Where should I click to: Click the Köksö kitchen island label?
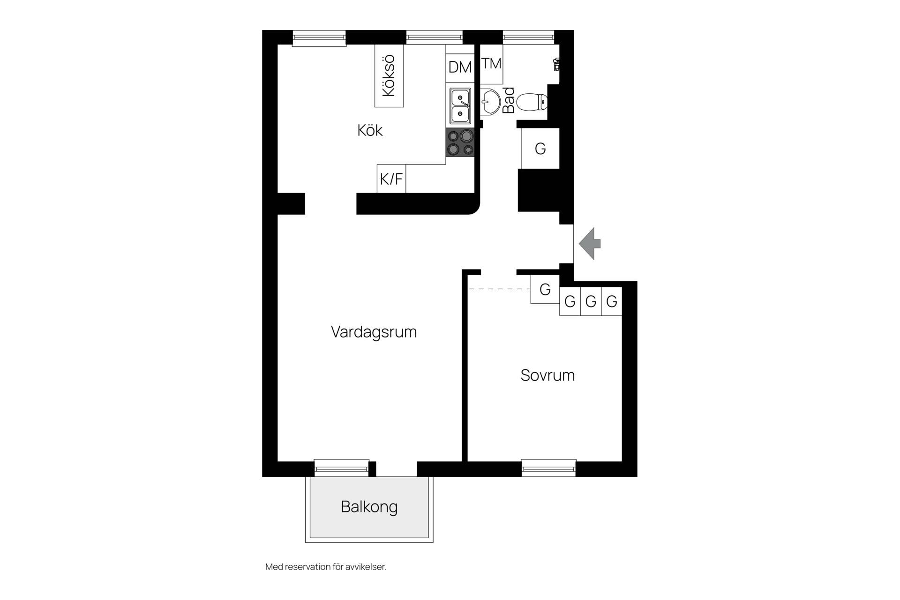pos(389,75)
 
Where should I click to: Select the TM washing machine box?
pos(491,64)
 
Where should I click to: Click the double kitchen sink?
pos(460,106)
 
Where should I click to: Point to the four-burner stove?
pos(460,142)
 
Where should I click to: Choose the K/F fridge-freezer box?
pos(391,179)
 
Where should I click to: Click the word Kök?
pos(370,130)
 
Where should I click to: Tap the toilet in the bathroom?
pos(532,102)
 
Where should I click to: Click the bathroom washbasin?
pos(490,101)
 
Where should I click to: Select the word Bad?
pos(509,100)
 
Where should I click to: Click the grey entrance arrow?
pos(590,244)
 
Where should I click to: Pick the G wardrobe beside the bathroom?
pos(540,149)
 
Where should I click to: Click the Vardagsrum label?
pos(374,332)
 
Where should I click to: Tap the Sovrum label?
pos(547,375)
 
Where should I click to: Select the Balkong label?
pos(369,507)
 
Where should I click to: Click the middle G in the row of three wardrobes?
pos(591,301)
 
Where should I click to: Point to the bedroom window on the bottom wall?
pos(548,468)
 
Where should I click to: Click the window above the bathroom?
pos(528,37)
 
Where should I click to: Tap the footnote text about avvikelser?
pos(326,567)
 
